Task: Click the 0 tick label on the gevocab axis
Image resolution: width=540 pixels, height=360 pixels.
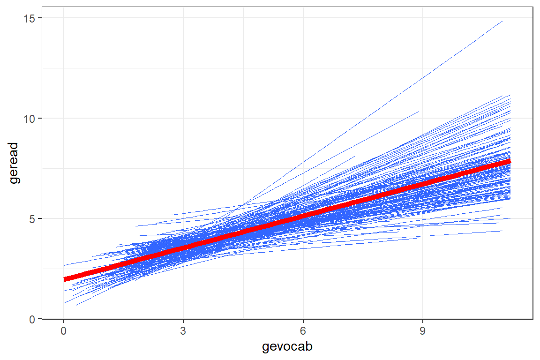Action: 64,330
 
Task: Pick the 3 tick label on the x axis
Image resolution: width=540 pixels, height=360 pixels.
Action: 183,330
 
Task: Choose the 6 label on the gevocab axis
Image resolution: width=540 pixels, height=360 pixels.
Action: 303,330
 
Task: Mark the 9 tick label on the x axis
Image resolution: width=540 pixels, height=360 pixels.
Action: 423,330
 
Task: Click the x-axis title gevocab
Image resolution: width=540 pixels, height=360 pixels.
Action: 287,347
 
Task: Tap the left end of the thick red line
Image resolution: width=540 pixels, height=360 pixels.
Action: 65,279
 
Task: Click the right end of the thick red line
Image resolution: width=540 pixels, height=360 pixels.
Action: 510,161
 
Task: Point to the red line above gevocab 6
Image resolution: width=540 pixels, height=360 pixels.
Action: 303,216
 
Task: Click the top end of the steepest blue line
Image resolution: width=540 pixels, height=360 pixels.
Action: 502,21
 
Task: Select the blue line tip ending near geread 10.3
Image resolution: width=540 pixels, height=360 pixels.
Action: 419,112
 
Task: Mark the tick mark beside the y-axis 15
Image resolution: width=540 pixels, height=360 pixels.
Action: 40,18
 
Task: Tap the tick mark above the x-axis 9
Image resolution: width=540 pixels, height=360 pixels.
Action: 423,321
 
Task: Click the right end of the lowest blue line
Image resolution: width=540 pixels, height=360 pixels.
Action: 502,231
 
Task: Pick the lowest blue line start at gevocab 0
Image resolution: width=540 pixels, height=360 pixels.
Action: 64,303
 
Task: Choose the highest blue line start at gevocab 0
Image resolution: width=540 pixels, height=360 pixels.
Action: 64,266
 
